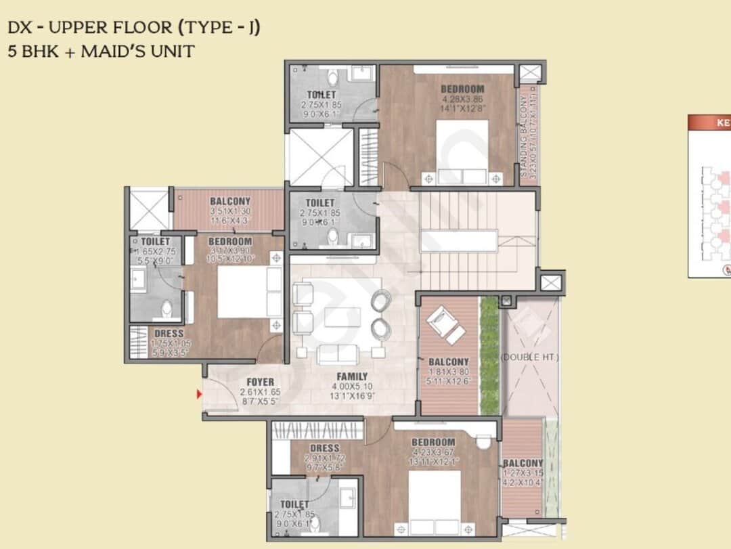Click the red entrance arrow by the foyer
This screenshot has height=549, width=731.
pos(199,394)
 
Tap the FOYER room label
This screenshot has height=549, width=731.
pos(260,382)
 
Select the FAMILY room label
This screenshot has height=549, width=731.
pos(352,376)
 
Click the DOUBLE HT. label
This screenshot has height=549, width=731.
pos(531,357)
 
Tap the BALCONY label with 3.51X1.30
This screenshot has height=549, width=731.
pos(229,201)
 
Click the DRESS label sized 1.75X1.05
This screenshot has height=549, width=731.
pos(169,333)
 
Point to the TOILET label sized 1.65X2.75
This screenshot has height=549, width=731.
pos(155,241)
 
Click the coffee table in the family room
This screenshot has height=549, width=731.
pos(342,317)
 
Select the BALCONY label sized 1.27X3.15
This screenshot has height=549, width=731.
pos(523,463)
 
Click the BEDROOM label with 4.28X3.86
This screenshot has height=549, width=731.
pos(462,89)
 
